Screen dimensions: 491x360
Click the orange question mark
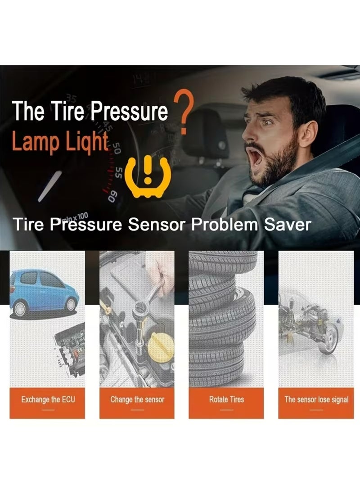click(184, 110)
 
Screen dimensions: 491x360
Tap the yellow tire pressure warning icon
click(147, 177)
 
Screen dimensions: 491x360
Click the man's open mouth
click(256, 158)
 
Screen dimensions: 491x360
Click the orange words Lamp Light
click(60, 141)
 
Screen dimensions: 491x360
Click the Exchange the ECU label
click(47, 399)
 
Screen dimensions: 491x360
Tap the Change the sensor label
click(137, 399)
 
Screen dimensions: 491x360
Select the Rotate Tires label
click(226, 399)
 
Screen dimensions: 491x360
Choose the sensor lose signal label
click(316, 399)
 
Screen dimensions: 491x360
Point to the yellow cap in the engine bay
click(161, 347)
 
